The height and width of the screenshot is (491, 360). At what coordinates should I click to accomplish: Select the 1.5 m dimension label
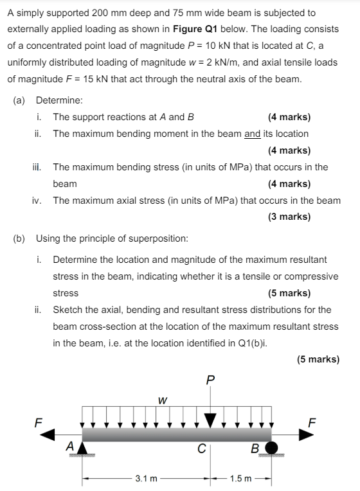point(240,478)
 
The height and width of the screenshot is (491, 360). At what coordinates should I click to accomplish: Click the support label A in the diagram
point(70,445)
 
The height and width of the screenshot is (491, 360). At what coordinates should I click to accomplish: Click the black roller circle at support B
point(272,447)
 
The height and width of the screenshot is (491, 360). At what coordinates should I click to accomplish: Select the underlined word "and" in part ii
point(253,134)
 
